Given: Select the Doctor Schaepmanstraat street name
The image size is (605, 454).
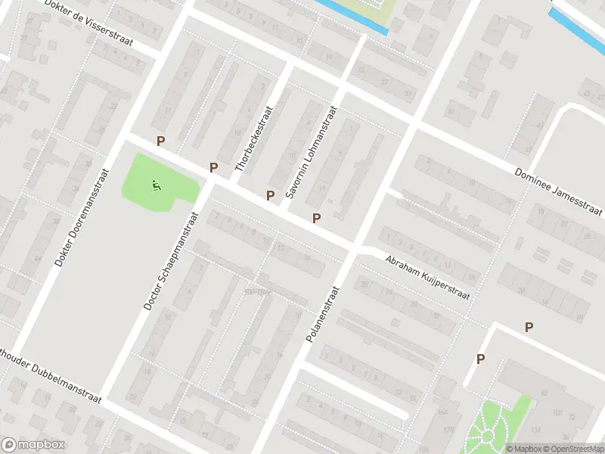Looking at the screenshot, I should tap(168, 260).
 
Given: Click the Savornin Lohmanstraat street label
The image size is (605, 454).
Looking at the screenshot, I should tap(309, 151).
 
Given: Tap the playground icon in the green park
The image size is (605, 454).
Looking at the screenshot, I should tap(156, 184).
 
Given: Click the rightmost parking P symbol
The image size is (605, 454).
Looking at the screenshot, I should tap(529, 327).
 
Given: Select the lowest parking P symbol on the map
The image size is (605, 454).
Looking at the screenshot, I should tap(479, 359).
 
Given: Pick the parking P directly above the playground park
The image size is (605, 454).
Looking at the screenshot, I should tap(160, 141).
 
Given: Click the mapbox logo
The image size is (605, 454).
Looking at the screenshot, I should tap(33, 445).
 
